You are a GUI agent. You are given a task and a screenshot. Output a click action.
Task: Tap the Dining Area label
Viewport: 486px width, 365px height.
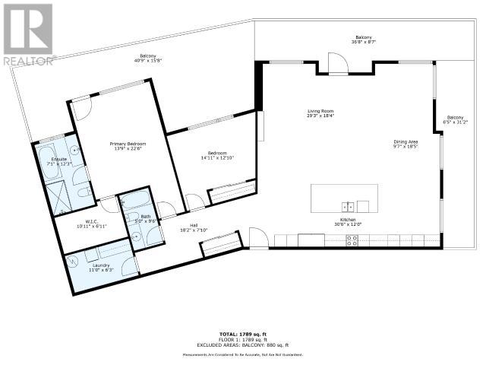[406, 141]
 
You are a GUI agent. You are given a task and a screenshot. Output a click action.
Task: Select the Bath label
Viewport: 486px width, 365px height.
[146, 217]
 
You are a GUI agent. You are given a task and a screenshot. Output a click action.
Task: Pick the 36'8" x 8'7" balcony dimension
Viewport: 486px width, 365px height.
[364, 43]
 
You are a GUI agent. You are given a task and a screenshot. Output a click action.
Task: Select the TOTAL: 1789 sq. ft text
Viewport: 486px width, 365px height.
[243, 333]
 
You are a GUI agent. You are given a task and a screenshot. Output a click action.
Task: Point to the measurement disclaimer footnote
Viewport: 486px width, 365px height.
[243, 355]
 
